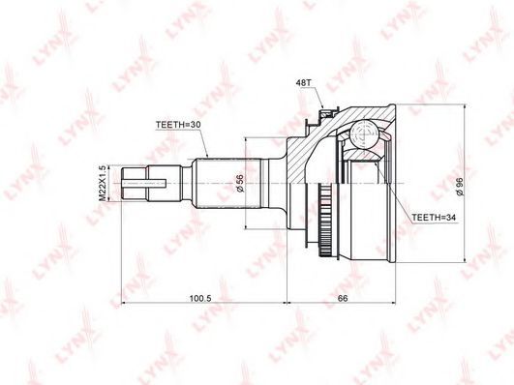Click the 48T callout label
(x=303, y=82)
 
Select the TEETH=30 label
(x=178, y=125)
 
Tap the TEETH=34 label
(x=434, y=218)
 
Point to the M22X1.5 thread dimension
(x=103, y=183)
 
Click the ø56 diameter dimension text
(x=240, y=183)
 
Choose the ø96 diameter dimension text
(x=460, y=187)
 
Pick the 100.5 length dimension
(x=201, y=298)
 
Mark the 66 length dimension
(x=342, y=298)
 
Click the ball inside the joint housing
(x=363, y=134)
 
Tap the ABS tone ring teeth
(x=325, y=222)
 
